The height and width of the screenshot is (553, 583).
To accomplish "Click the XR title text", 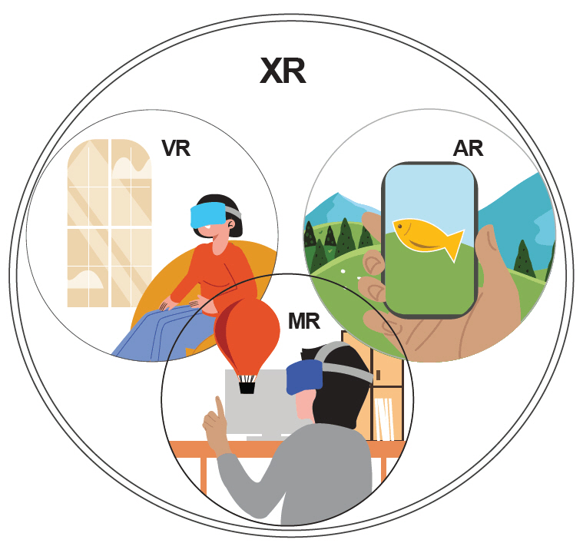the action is click(283, 71).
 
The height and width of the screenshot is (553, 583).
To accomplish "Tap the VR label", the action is click(176, 147).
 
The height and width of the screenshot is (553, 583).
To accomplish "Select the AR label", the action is click(468, 147).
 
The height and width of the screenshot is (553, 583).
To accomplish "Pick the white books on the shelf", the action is click(383, 419).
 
